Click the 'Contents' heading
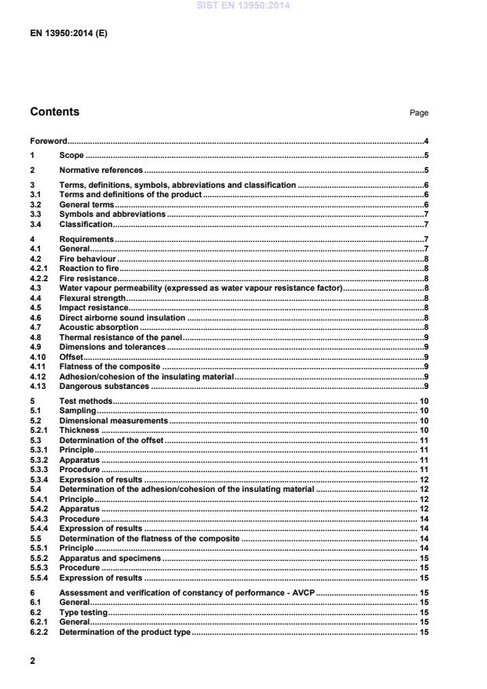54,112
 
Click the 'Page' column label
419,113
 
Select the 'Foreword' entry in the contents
48,141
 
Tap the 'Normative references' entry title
101,170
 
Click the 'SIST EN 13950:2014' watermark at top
243,5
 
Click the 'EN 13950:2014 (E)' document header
68,34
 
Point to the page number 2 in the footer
33,661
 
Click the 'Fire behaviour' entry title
87,258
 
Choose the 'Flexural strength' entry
92,298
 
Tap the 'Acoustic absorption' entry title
98,327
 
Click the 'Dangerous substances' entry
104,386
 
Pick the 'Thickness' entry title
79,430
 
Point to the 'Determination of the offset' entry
112,440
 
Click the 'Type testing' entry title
83,612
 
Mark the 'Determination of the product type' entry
125,632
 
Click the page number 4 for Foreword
425,141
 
